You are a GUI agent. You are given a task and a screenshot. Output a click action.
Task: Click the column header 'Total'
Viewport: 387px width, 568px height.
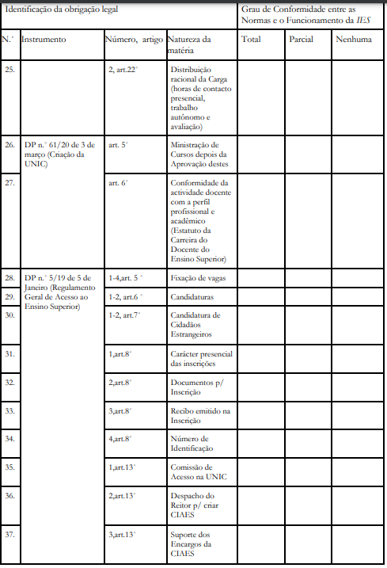coord(252,39)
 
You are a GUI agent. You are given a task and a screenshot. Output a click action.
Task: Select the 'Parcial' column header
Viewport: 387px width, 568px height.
coord(301,39)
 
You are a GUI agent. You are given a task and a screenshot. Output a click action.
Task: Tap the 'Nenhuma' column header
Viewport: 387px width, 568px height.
coord(353,39)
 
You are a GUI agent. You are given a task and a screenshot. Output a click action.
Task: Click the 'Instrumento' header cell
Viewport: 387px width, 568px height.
coord(44,39)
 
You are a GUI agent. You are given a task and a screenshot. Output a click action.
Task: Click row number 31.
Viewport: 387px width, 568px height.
coord(10,353)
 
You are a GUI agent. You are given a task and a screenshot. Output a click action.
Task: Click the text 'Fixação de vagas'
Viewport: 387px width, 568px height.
coord(195,279)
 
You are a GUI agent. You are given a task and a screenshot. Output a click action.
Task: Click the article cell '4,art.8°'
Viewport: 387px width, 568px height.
coord(120,438)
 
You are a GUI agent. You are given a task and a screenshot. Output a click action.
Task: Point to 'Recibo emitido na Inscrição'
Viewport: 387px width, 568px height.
coord(199,415)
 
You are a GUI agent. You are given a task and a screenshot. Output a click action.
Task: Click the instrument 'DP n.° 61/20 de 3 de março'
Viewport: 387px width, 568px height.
coord(59,150)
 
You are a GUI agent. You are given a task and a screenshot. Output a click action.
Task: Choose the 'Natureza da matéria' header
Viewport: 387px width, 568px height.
coord(190,44)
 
